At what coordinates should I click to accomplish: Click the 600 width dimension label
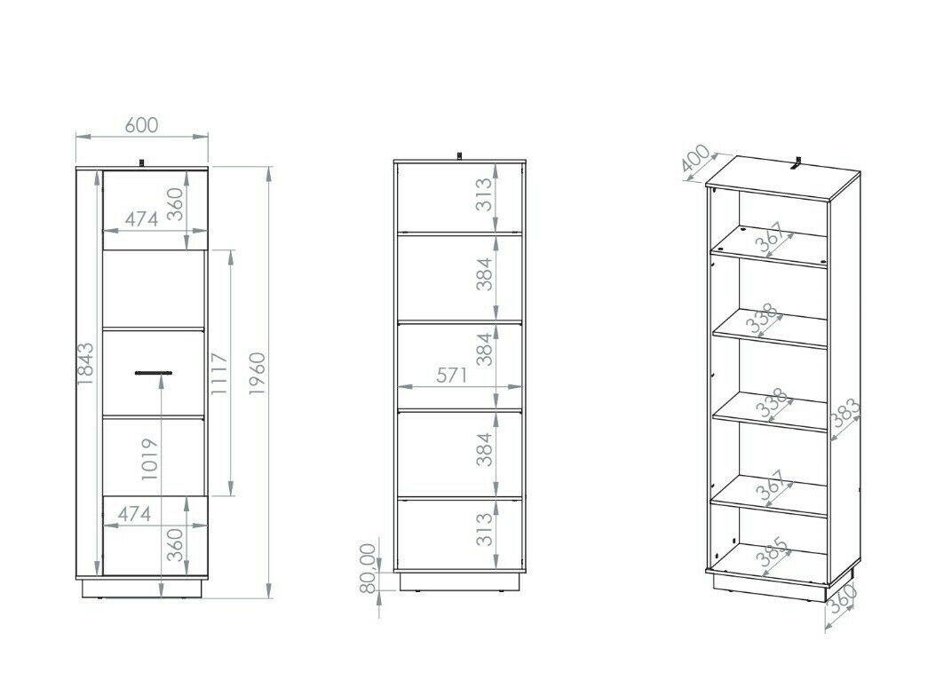142,125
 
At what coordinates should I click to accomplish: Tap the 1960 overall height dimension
258,374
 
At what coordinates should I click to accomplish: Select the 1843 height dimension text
85,364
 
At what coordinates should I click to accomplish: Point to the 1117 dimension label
219,374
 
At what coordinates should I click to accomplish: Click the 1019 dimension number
150,459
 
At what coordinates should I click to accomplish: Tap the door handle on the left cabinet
154,373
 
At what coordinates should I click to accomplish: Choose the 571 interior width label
452,376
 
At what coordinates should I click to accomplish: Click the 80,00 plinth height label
368,567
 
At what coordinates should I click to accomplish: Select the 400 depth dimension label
696,159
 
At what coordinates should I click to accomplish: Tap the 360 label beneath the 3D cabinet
842,599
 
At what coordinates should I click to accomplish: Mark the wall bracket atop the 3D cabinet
798,163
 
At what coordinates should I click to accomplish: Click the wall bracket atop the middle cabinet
459,155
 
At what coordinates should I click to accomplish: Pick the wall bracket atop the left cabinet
141,162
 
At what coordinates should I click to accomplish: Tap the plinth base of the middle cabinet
460,581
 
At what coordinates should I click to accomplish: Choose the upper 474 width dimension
142,219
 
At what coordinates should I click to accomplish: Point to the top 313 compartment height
484,194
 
